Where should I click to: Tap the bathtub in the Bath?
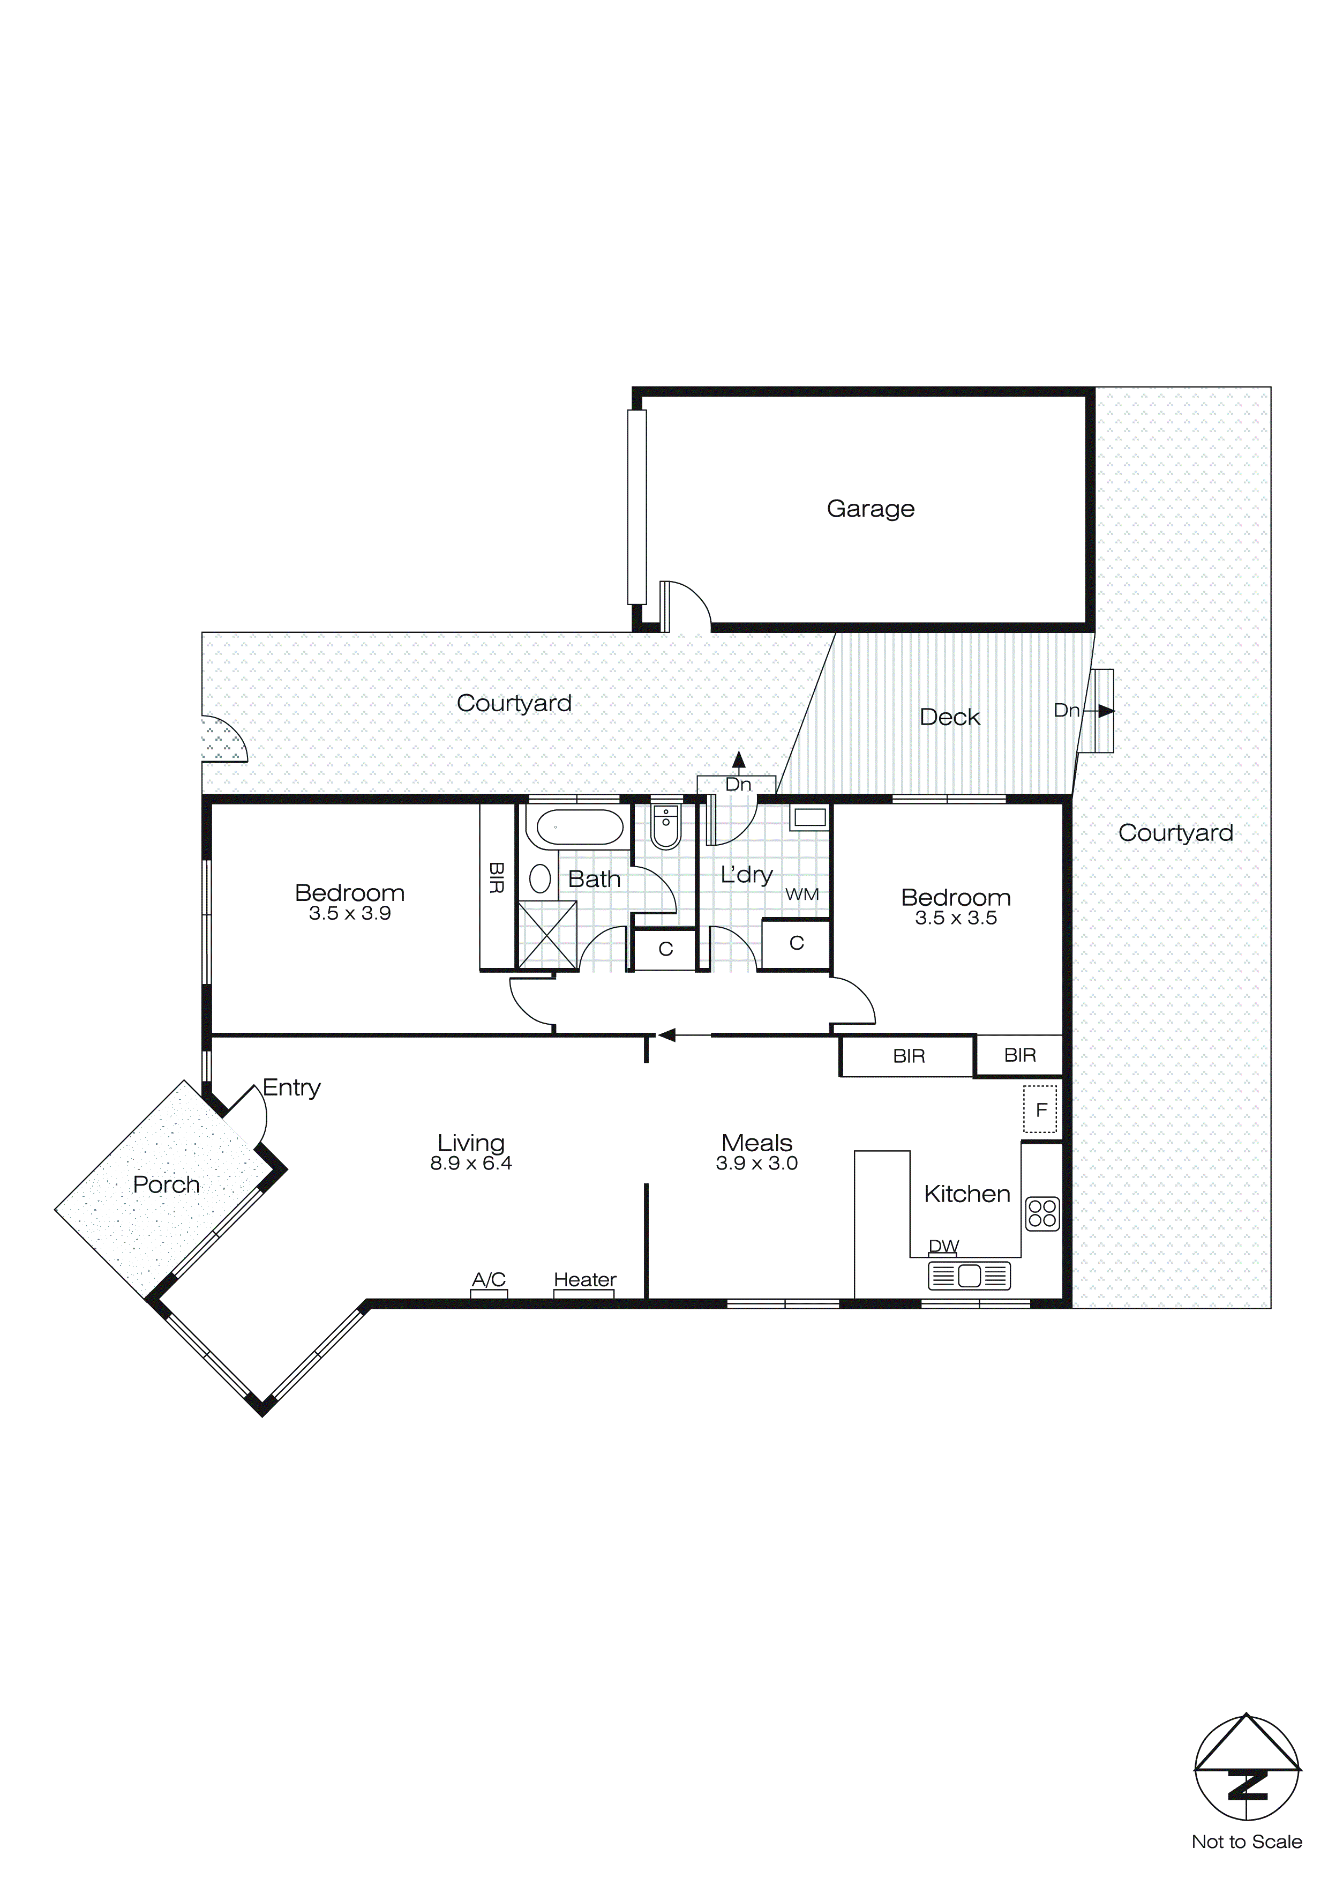pyautogui.click(x=579, y=827)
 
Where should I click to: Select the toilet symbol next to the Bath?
pyautogui.click(x=666, y=827)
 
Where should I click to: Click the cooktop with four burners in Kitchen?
pyautogui.click(x=1042, y=1214)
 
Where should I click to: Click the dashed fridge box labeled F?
pyautogui.click(x=1040, y=1109)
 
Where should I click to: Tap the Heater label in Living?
pyautogui.click(x=584, y=1279)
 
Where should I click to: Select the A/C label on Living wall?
pyautogui.click(x=489, y=1279)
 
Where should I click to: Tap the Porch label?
pyautogui.click(x=166, y=1184)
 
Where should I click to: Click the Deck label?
pyautogui.click(x=949, y=717)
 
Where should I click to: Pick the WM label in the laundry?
pyautogui.click(x=801, y=895)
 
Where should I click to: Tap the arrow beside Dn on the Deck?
pyautogui.click(x=1104, y=711)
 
